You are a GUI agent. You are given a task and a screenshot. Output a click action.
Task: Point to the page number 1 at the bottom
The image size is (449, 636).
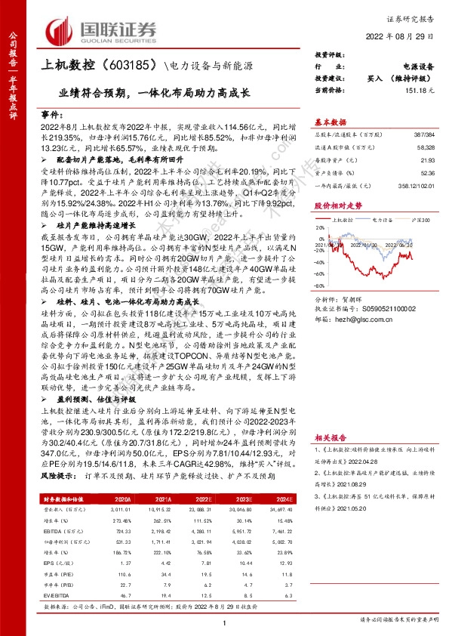click(x=225, y=621)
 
